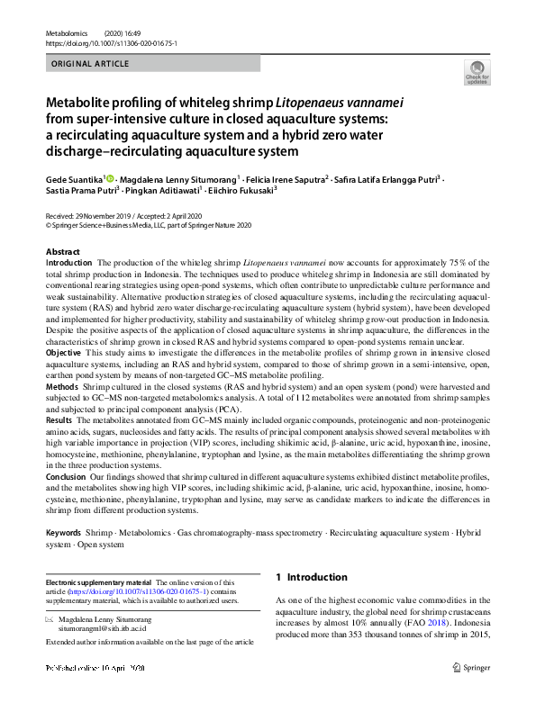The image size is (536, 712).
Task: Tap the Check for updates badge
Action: point(475,74)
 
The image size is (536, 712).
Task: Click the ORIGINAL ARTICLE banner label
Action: point(91,64)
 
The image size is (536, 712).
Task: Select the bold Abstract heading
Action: point(63,251)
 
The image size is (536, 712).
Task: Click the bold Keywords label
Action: point(68,534)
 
